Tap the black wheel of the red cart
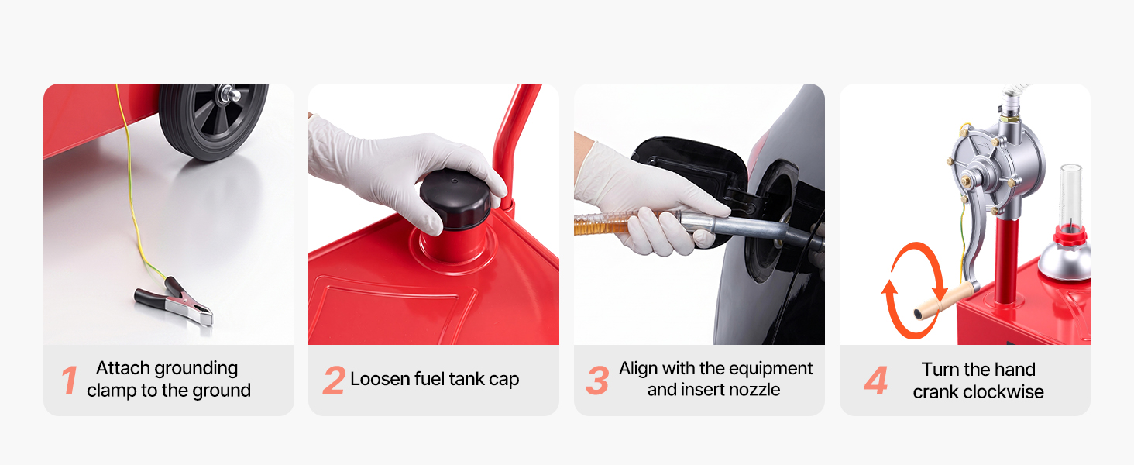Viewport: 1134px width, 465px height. (x=213, y=122)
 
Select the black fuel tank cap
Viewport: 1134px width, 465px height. (x=455, y=199)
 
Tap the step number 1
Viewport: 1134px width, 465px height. (x=70, y=381)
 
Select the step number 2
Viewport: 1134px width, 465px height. (x=334, y=381)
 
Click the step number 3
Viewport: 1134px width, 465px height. (x=597, y=381)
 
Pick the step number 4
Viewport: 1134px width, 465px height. (x=876, y=381)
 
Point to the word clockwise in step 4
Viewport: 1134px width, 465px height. (x=1003, y=391)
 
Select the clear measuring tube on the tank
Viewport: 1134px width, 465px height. (x=1070, y=197)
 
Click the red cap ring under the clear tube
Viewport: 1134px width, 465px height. (x=1070, y=236)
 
